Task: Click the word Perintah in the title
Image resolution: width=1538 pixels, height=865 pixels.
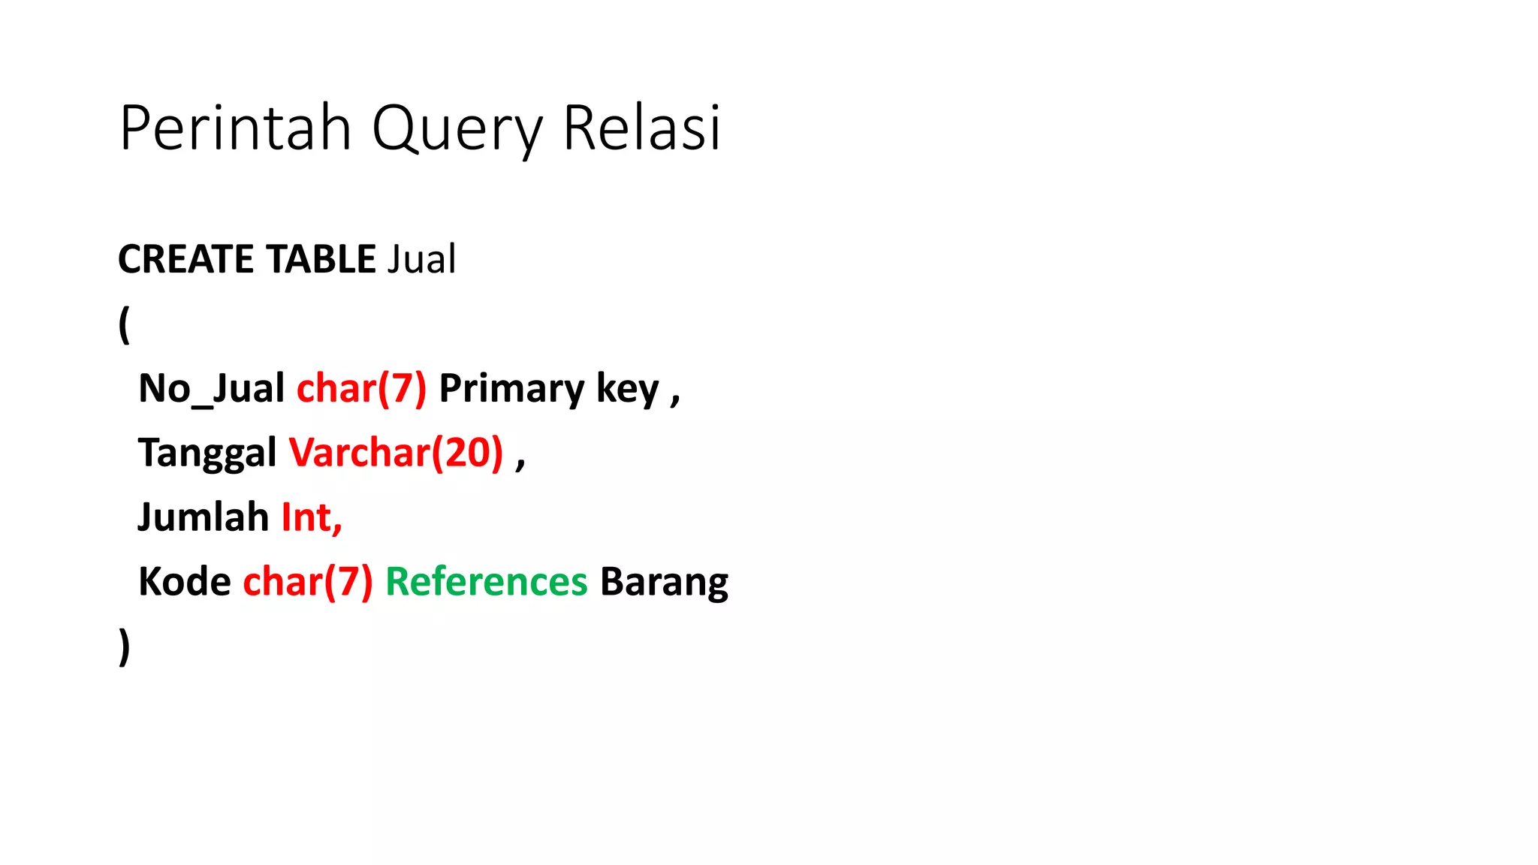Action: tap(235, 128)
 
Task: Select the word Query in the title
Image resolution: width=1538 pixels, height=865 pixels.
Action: tap(457, 128)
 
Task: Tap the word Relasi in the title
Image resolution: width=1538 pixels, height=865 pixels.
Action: tap(641, 128)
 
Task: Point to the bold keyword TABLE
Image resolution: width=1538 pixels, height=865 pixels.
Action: tap(321, 260)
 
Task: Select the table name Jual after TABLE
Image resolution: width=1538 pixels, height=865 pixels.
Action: tap(421, 260)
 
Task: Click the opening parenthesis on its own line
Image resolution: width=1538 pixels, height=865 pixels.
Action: tap(124, 324)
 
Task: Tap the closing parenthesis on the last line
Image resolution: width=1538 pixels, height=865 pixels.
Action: tap(124, 647)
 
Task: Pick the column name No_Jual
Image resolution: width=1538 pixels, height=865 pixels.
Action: tap(211, 389)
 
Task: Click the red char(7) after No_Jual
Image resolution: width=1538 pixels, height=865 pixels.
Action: tap(361, 389)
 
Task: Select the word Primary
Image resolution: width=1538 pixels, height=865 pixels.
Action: tap(511, 389)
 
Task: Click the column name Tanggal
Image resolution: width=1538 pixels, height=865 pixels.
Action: tap(207, 454)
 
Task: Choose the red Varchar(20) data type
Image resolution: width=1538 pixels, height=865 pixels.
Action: tap(396, 454)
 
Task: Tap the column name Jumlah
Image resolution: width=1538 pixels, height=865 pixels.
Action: tap(203, 518)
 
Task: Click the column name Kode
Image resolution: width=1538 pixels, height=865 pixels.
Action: tap(185, 583)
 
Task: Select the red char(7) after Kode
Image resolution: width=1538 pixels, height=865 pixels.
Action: tap(308, 583)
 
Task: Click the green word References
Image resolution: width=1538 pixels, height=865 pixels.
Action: tap(486, 583)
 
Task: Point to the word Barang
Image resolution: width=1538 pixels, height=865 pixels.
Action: tap(664, 583)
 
